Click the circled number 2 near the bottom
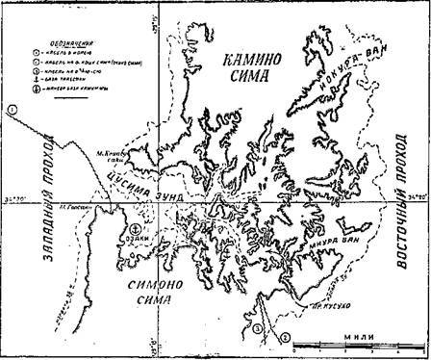(x=284, y=337)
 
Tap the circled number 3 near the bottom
(x=258, y=330)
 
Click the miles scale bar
(x=356, y=343)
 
